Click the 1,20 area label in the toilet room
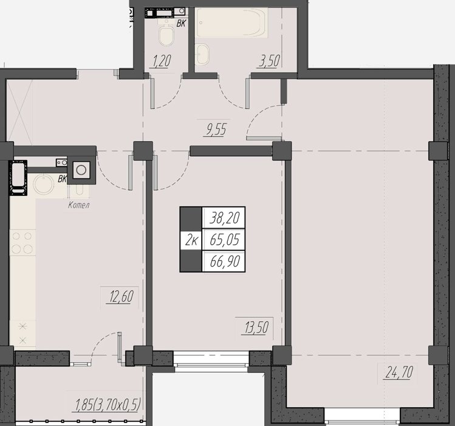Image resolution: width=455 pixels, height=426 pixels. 161,61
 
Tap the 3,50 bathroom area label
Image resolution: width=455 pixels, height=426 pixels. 269,61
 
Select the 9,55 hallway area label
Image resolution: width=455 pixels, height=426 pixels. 216,130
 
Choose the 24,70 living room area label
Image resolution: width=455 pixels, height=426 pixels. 399,372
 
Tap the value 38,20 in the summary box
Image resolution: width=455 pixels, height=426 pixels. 225,217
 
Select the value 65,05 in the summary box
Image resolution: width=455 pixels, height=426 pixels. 225,240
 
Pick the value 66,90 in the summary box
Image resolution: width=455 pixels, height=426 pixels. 225,261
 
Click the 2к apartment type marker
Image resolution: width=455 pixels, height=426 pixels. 191,240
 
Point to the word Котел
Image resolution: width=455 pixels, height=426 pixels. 78,205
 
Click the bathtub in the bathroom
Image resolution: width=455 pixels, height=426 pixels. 231,23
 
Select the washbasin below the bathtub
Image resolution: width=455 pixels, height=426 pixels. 202,54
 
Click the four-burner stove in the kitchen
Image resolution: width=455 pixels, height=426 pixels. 22,243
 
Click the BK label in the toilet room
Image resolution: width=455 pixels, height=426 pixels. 181,23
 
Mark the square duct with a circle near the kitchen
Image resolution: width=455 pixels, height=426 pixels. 81,170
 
